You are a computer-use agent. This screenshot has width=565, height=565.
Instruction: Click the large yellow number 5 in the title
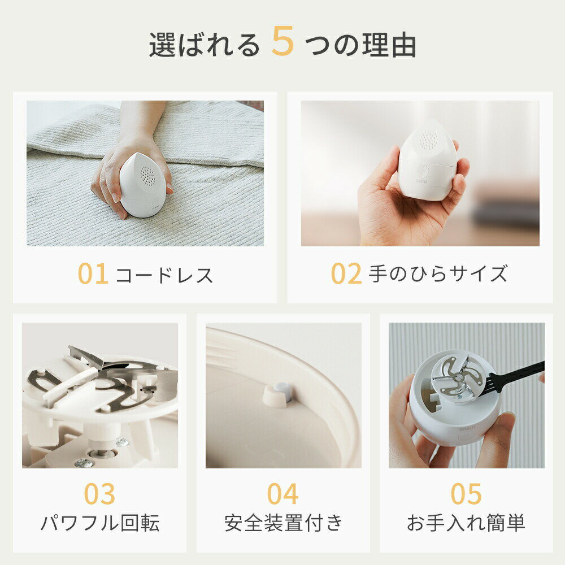pyautogui.click(x=283, y=41)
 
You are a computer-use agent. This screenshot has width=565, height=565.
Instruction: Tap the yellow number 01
pyautogui.click(x=93, y=273)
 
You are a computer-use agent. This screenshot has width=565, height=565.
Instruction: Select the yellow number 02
pyautogui.click(x=346, y=273)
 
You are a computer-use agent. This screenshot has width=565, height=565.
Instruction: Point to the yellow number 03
pyautogui.click(x=100, y=494)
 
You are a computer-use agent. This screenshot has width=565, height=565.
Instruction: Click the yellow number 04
pyautogui.click(x=283, y=494)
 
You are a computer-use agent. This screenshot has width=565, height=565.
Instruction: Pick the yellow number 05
pyautogui.click(x=466, y=494)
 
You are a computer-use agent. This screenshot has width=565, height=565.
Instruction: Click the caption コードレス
pyautogui.click(x=164, y=275)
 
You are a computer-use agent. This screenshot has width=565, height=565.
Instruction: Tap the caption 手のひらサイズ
pyautogui.click(x=438, y=273)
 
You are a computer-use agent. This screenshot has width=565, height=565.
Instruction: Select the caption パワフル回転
pyautogui.click(x=100, y=523)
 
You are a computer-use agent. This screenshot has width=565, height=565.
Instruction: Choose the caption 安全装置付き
pyautogui.click(x=283, y=523)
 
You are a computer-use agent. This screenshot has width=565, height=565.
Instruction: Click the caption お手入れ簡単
pyautogui.click(x=466, y=523)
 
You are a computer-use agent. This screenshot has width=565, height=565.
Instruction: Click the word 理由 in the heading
pyautogui.click(x=389, y=45)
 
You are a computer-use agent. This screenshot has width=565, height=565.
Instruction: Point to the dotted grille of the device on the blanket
pyautogui.click(x=147, y=176)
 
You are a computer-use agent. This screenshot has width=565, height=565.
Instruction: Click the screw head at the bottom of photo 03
pyautogui.click(x=84, y=463)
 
